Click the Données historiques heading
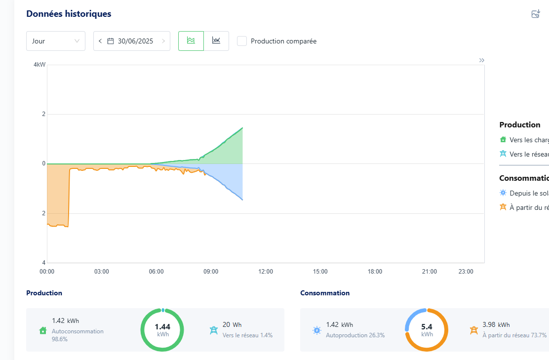pos(69,14)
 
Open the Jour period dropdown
pos(55,41)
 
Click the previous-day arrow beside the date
pos(100,41)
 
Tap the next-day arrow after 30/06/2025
pos(163,41)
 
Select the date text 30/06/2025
pos(135,41)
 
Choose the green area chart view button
pos(191,41)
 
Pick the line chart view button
pos(216,41)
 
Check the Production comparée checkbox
pos(242,41)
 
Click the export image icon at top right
pos(536,14)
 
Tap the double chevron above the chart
pos(481,60)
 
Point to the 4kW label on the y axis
pos(39,65)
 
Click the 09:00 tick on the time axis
pos(211,272)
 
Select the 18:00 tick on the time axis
pos(375,272)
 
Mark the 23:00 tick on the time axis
pos(466,272)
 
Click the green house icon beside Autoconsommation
pos(43,330)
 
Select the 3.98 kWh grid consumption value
pos(496,324)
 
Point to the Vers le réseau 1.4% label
pos(247,335)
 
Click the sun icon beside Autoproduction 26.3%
pos(316,330)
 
